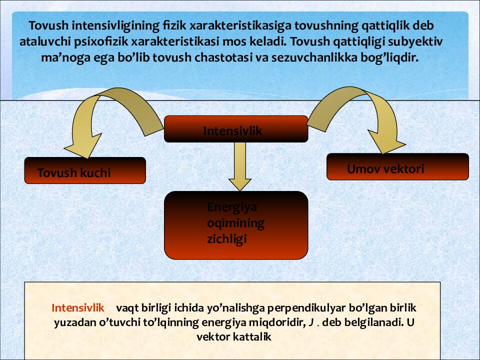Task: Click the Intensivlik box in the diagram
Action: (236, 129)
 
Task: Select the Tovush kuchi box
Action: (84, 170)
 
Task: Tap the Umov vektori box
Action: (397, 167)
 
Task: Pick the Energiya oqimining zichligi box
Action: (236, 225)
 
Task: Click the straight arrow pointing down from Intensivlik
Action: (239, 165)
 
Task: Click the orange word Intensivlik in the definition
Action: (78, 307)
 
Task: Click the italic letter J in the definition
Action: (311, 322)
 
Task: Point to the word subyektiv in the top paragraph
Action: (419, 41)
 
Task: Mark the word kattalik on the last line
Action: (252, 336)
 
